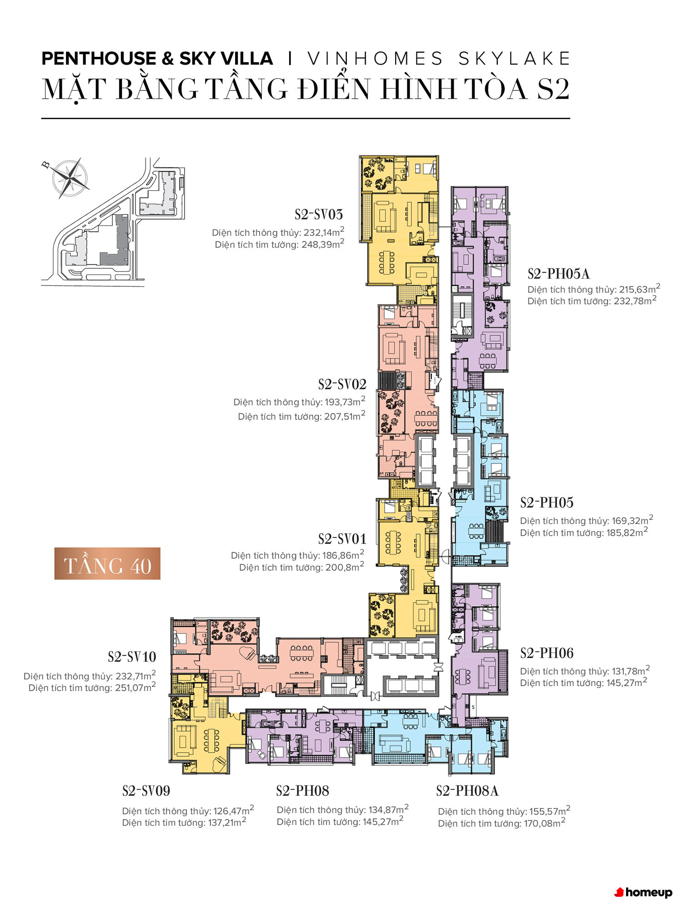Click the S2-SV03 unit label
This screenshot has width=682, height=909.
click(x=319, y=215)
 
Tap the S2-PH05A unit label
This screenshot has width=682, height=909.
click(x=558, y=274)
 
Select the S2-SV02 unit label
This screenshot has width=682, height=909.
click(x=342, y=385)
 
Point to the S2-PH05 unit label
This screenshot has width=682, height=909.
click(x=547, y=503)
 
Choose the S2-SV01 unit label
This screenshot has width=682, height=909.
click(x=342, y=539)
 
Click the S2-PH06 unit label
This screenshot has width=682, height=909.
click(x=547, y=653)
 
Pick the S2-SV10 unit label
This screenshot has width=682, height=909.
click(x=132, y=657)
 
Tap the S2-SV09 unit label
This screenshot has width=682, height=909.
click(x=146, y=791)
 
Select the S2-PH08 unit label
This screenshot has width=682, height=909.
click(x=303, y=791)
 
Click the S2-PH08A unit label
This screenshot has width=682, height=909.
click(x=467, y=791)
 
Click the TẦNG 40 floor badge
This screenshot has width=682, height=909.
click(x=107, y=564)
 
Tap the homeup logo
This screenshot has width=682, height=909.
click(x=643, y=892)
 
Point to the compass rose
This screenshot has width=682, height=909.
click(x=70, y=178)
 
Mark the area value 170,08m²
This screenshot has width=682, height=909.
click(x=545, y=823)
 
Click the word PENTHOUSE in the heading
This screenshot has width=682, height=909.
click(x=99, y=59)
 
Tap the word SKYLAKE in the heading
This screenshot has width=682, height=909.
click(x=514, y=59)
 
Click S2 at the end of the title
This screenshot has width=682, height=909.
click(x=553, y=89)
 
